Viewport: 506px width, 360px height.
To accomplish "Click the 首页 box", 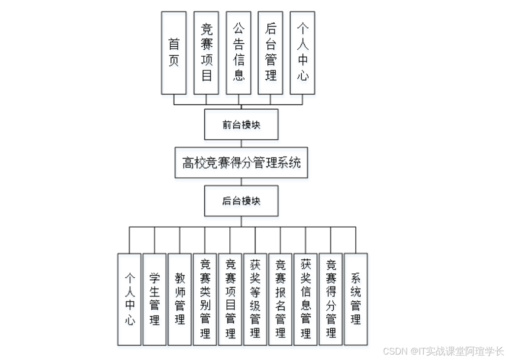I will click(174, 53).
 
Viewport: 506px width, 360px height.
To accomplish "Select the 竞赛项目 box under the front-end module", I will click(206, 53).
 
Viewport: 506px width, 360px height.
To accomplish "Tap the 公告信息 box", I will click(238, 53).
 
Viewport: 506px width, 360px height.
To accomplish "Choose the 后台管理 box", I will click(270, 53).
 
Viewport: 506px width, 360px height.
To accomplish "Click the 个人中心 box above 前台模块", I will click(302, 53).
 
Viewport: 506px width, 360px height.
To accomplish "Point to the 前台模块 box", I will click(241, 125).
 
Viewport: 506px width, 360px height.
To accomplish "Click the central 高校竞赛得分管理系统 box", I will click(241, 163).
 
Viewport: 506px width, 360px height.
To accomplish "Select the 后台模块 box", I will click(241, 201).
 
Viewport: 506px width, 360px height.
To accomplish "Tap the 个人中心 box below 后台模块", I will click(129, 299).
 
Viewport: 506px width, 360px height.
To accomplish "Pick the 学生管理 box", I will click(155, 299).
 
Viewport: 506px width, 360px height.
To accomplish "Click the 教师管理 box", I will click(180, 299).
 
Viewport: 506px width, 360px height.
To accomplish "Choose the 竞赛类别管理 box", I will click(205, 299).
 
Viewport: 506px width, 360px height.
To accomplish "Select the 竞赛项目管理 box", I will click(230, 299).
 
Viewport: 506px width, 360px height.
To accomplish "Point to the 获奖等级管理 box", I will click(255, 299).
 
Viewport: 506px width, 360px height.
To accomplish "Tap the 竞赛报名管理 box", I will click(280, 299).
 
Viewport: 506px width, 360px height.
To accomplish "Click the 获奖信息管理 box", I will click(305, 299).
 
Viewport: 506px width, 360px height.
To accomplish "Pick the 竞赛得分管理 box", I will click(331, 299).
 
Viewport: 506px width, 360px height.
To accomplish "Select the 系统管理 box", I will click(356, 299).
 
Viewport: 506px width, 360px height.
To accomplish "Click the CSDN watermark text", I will click(443, 351).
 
